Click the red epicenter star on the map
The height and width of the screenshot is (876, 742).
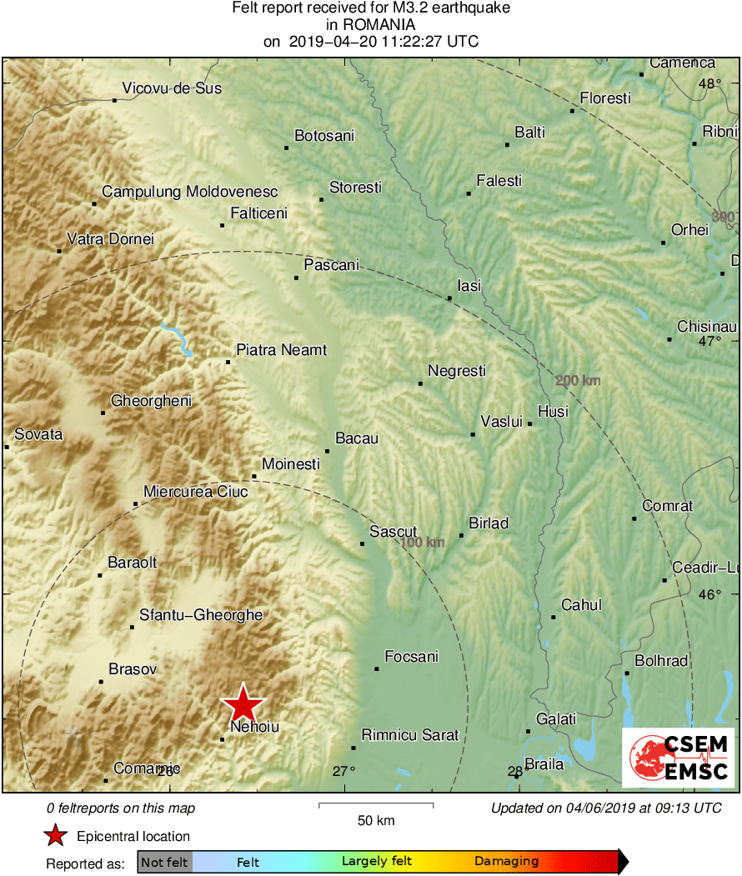[243, 703]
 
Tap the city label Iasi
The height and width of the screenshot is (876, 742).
[469, 286]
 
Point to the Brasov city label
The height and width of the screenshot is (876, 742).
[133, 668]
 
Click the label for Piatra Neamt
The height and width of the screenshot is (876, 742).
[282, 350]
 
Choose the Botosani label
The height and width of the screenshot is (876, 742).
[324, 135]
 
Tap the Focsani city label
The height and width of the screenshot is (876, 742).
[411, 657]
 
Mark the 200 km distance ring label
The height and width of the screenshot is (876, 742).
[578, 381]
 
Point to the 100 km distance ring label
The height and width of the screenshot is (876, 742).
[422, 543]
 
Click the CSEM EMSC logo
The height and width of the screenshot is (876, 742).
[678, 757]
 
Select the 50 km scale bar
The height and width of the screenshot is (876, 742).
[376, 805]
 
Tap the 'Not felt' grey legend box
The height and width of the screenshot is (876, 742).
[165, 862]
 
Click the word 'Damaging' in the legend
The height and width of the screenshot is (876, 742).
[507, 862]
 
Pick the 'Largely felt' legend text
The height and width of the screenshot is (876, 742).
[376, 862]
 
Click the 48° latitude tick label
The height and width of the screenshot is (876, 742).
[710, 83]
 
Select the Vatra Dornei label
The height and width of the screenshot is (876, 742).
[110, 239]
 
